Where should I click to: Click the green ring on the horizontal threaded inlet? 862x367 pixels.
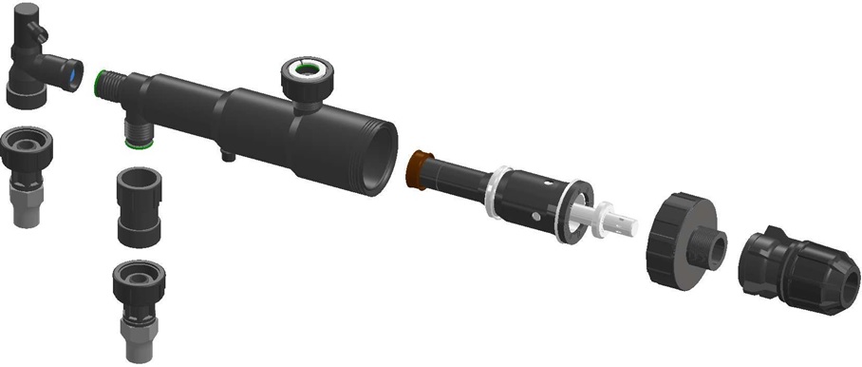[x=102, y=82]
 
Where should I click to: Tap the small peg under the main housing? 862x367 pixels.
[x=227, y=152]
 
